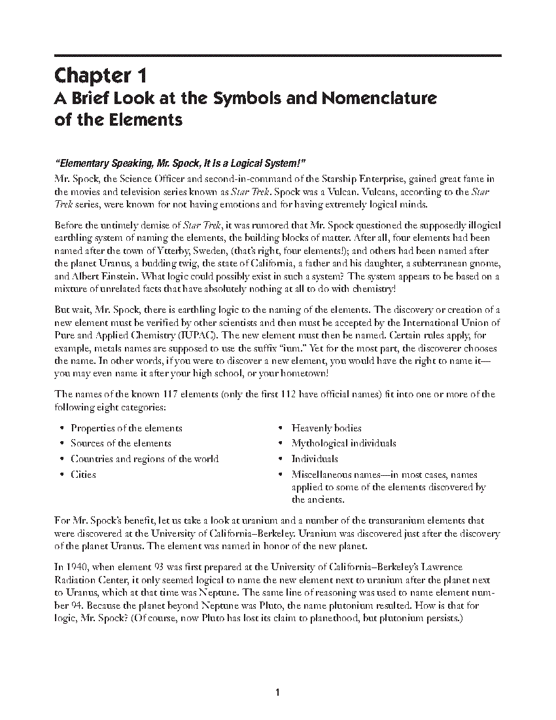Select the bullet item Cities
click(83, 475)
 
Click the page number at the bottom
click(278, 693)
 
